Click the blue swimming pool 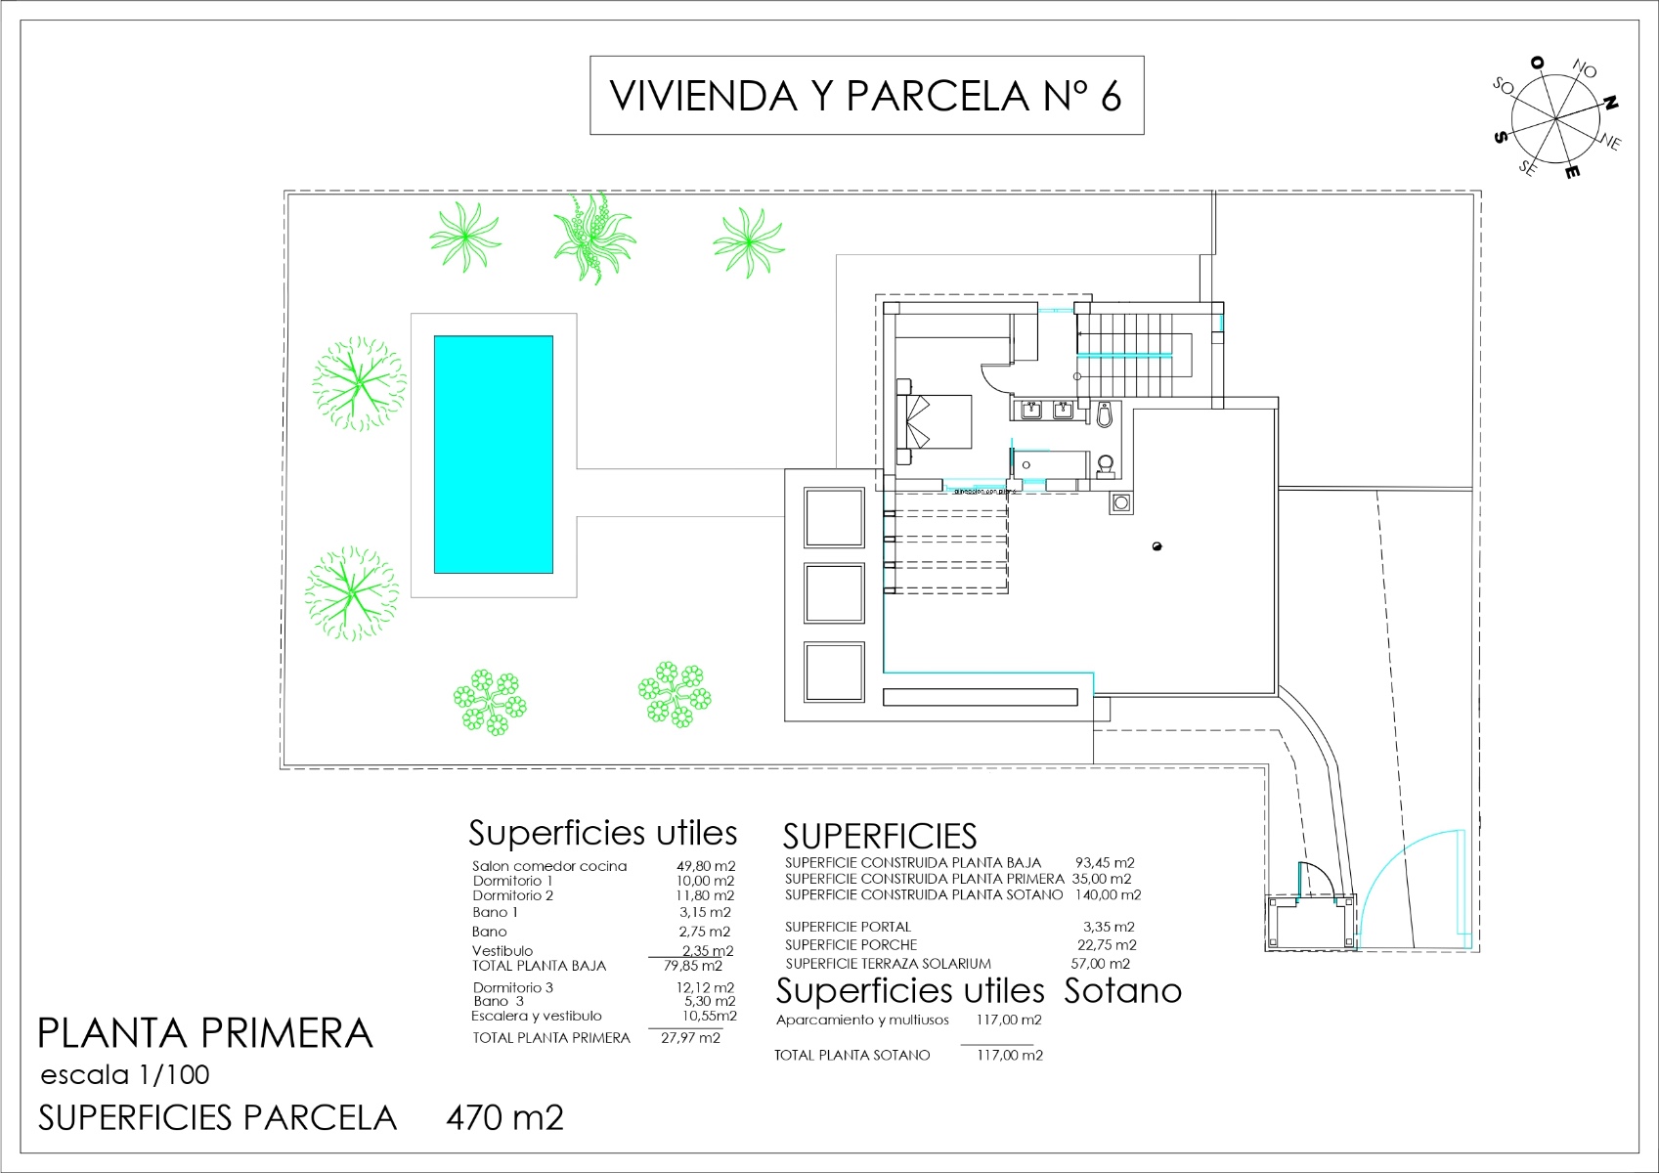click(493, 455)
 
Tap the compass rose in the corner click(1555, 120)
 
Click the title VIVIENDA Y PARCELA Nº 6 click(866, 96)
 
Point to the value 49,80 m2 click(705, 866)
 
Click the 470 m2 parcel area click(504, 1117)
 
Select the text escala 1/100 click(125, 1075)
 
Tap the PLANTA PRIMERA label click(204, 1033)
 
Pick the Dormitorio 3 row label click(512, 987)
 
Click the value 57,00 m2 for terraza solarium click(1100, 963)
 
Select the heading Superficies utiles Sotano click(978, 991)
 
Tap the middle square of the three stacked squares click(834, 593)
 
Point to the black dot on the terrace click(1157, 546)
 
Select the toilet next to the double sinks click(1105, 415)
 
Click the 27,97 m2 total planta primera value click(690, 1038)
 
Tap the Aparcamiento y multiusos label click(862, 1020)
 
